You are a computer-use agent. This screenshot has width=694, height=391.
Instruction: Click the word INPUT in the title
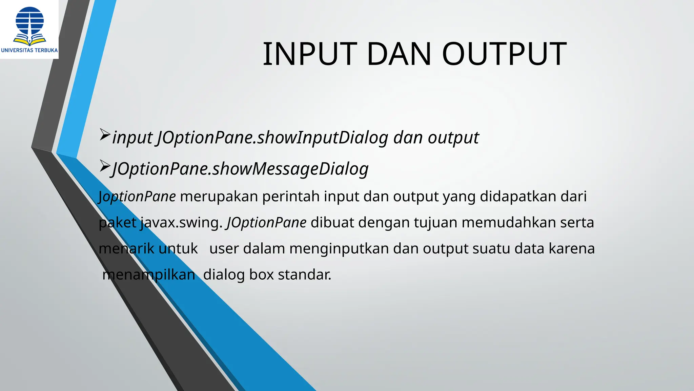(310, 54)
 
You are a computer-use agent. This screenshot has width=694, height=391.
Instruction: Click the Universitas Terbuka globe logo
(30, 26)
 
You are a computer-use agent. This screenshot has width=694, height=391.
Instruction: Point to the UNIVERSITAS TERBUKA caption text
(29, 50)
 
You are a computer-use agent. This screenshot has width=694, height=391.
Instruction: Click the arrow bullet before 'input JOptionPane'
(105, 135)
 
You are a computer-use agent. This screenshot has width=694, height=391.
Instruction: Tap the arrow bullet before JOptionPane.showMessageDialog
(105, 166)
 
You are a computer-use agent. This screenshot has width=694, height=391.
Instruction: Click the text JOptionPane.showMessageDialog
(240, 169)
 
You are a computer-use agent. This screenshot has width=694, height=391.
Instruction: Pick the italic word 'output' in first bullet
(453, 138)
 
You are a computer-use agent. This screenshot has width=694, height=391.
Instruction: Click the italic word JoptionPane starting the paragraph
(137, 197)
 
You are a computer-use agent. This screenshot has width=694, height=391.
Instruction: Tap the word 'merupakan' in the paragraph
(219, 197)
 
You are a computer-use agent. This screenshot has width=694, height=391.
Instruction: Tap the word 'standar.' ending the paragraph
(304, 275)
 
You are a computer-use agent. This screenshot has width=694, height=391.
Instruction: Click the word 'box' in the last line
(261, 275)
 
